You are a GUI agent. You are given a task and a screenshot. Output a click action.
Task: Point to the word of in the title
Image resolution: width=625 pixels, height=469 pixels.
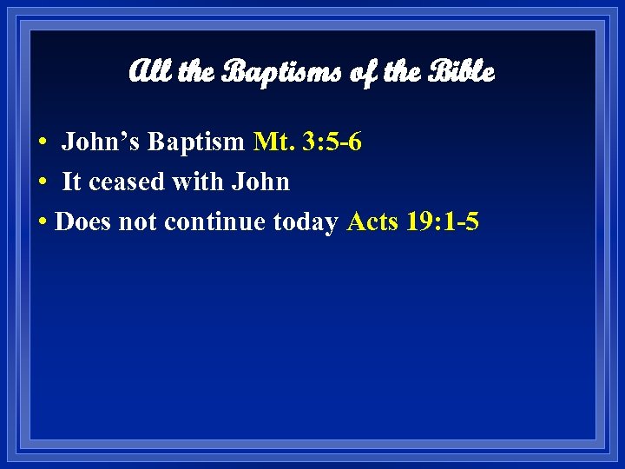(358, 72)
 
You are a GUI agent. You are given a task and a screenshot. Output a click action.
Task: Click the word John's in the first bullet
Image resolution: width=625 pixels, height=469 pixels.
(95, 142)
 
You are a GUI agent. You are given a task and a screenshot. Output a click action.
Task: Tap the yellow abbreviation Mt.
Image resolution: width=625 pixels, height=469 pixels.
(273, 142)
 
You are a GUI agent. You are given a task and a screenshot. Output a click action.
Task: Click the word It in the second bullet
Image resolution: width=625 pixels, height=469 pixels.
(72, 182)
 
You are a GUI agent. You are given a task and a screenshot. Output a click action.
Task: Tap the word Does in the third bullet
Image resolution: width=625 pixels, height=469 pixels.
(82, 222)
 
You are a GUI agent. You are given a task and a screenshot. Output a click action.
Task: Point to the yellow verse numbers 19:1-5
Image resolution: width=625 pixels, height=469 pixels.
(445, 222)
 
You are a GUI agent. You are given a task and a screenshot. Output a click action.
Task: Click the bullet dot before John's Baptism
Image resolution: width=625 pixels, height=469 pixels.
(42, 142)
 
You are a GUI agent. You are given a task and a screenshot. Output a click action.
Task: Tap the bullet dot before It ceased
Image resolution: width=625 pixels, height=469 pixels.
(42, 182)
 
